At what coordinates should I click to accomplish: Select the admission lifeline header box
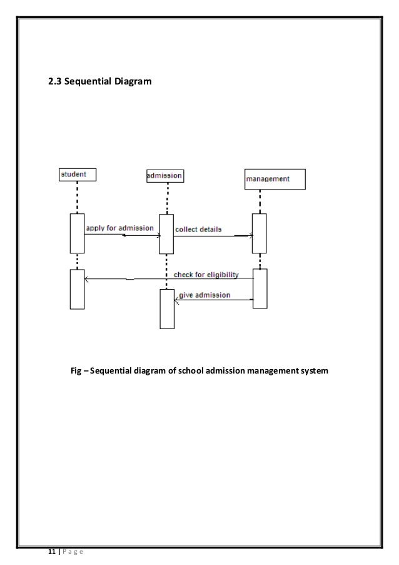pos(165,176)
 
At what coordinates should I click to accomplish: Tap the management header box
pos(275,179)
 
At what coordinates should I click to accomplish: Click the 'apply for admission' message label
pos(119,228)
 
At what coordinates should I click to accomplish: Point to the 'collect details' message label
pos(198,229)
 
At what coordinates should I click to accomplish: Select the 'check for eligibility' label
pos(206,275)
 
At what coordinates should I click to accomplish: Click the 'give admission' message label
pos(205,295)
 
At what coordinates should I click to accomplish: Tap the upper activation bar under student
pos(77,233)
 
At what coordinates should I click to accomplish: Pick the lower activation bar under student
pos(77,288)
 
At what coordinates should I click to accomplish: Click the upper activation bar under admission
pos(166,234)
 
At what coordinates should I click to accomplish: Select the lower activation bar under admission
pos(166,308)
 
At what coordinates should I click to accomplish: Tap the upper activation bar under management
pos(259,233)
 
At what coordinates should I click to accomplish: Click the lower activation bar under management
pos(260,288)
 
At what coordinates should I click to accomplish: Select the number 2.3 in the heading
pos(56,81)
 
